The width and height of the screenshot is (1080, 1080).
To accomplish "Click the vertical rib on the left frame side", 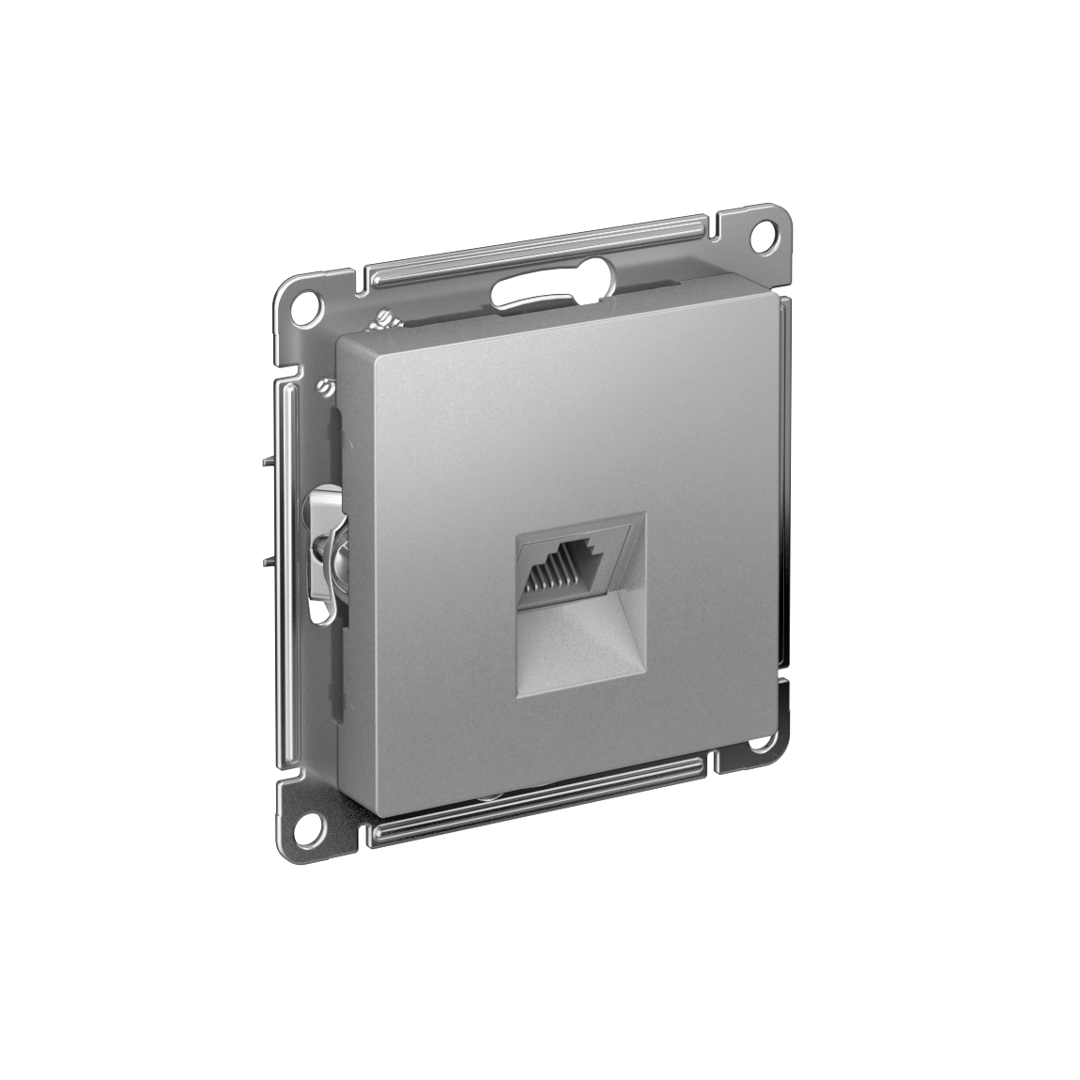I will point(284,563).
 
